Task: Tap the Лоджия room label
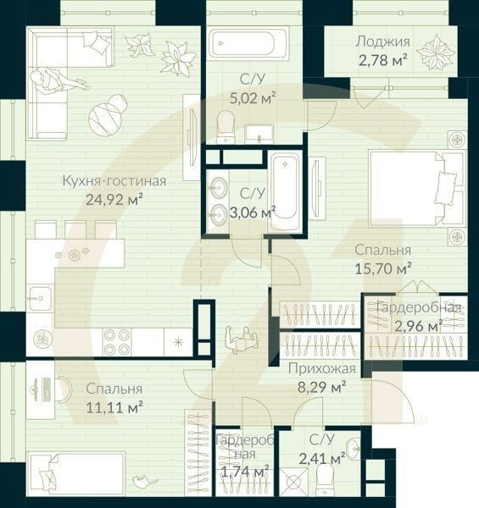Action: (x=382, y=41)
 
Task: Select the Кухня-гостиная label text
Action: (x=114, y=180)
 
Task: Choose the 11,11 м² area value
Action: (x=114, y=406)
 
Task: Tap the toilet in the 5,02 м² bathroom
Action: (x=226, y=127)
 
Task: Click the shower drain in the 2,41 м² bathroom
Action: (x=293, y=485)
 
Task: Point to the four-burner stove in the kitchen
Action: (x=117, y=340)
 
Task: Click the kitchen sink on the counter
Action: (x=38, y=296)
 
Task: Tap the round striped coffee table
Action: (x=108, y=113)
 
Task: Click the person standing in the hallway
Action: (x=241, y=340)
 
